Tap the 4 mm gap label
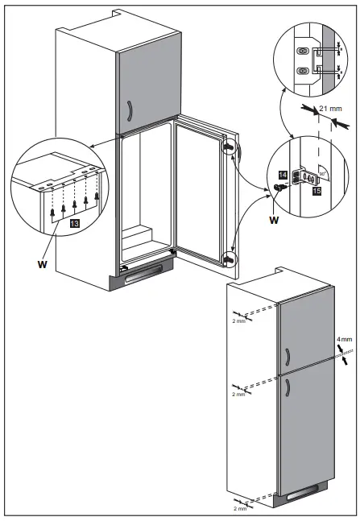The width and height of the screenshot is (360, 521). coord(344,339)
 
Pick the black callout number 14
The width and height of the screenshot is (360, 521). coord(283,173)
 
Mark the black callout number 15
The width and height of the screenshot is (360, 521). coord(317,192)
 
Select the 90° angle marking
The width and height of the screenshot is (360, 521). coord(323,174)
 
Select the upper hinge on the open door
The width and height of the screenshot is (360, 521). coord(230,148)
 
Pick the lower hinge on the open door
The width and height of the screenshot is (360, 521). coord(229,259)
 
